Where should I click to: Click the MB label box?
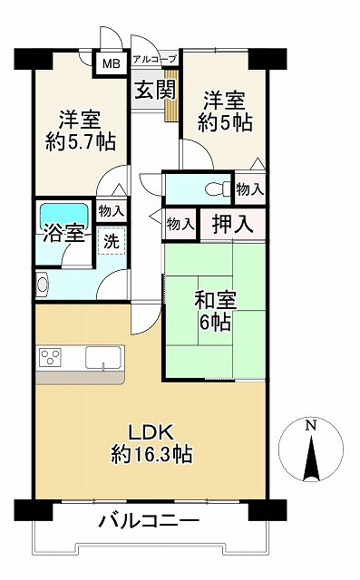click(110, 63)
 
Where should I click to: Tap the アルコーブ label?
click(153, 60)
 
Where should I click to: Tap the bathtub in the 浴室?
click(63, 216)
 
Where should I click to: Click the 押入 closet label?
click(233, 223)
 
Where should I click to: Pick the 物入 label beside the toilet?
click(249, 188)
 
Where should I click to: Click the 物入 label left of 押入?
click(180, 223)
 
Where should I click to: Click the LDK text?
click(150, 430)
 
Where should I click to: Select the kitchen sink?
click(103, 358)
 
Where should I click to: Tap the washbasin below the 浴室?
click(43, 285)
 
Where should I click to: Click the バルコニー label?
click(148, 524)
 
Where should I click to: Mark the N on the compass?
click(311, 425)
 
